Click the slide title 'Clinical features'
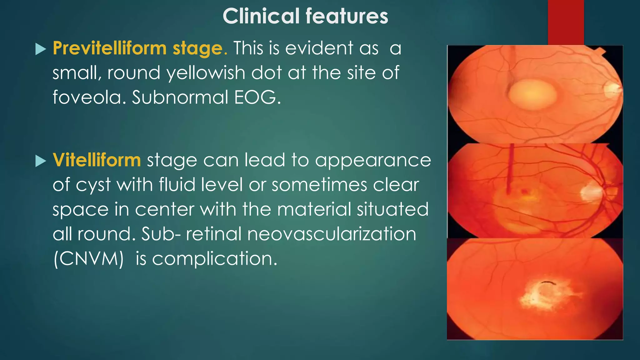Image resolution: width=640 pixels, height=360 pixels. [x=305, y=16]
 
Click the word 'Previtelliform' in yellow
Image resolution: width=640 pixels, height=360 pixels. [x=110, y=48]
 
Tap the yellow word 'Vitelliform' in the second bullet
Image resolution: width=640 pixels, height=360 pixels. [x=97, y=160]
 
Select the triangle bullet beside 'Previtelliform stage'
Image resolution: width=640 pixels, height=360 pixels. [x=41, y=49]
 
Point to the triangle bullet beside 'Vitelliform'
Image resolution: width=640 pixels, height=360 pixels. [x=41, y=161]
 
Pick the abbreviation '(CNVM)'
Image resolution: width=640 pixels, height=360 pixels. [x=89, y=259]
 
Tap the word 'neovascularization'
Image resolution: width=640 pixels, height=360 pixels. [x=332, y=234]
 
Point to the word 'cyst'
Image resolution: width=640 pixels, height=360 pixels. [x=93, y=185]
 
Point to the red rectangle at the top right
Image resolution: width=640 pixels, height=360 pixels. [x=566, y=22]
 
